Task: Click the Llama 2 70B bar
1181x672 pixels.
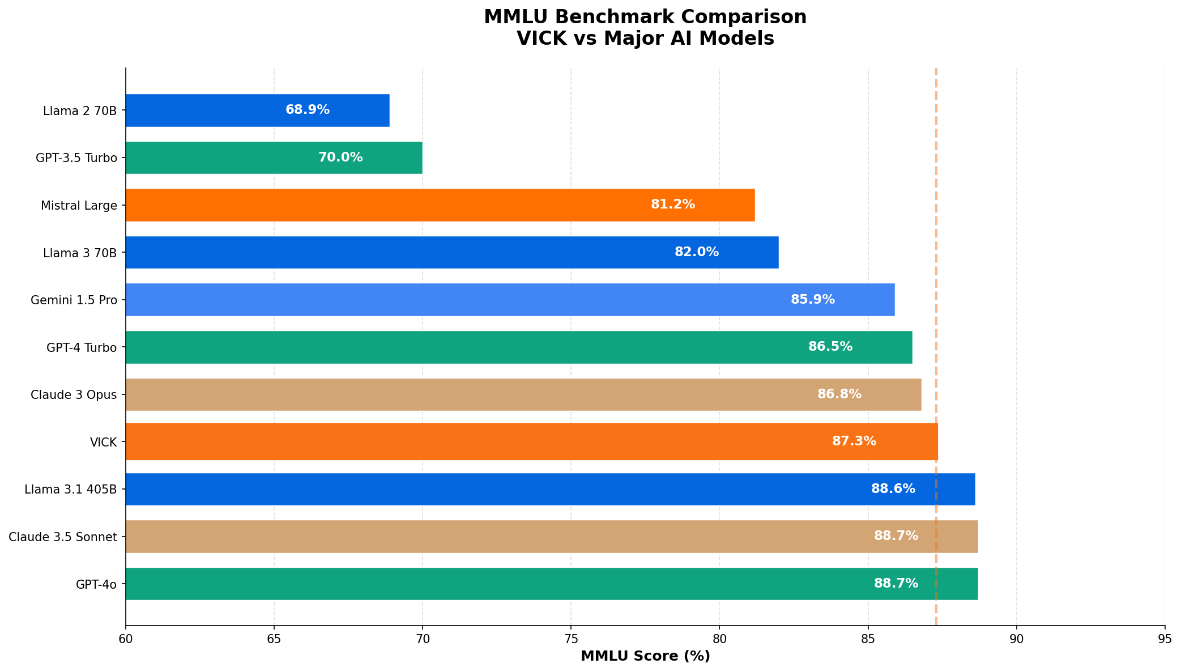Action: (257, 110)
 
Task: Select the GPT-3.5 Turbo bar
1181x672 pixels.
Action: (274, 158)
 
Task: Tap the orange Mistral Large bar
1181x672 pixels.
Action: (440, 205)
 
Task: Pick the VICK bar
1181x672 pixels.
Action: (531, 441)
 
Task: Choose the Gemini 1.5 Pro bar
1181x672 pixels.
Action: (510, 300)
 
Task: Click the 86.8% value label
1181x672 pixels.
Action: (839, 394)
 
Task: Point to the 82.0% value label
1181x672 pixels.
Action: (696, 252)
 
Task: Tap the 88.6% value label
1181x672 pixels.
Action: (893, 489)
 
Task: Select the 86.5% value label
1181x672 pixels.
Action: (830, 347)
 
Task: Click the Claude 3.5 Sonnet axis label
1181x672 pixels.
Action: (63, 537)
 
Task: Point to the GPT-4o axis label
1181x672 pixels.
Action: (96, 584)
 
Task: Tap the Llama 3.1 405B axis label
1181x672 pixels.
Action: (70, 489)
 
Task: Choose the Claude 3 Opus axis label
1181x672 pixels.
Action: (74, 394)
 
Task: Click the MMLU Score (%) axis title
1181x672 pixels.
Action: (645, 656)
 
